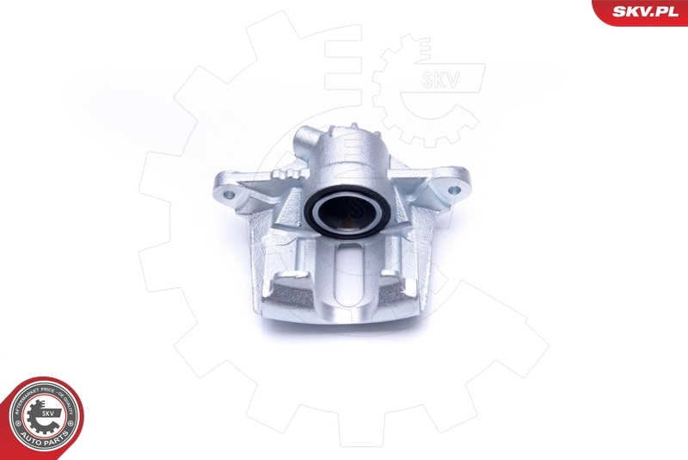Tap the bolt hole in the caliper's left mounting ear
228,195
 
